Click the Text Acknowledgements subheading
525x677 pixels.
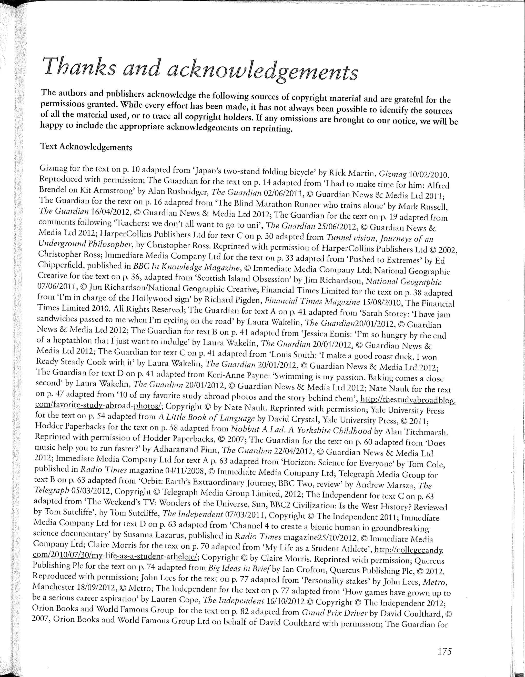point(86,147)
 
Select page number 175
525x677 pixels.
point(445,651)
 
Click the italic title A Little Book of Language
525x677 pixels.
point(206,418)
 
